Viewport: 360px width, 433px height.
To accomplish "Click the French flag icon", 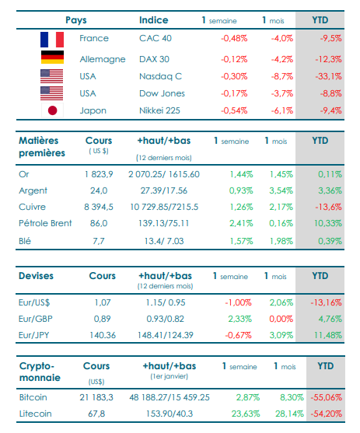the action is pos(52,40).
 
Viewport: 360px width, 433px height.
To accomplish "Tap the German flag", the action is pos(52,58).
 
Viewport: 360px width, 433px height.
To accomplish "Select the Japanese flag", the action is pos(52,110).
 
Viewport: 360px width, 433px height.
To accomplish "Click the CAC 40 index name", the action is pos(156,38).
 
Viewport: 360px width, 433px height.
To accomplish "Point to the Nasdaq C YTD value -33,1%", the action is pos(328,76).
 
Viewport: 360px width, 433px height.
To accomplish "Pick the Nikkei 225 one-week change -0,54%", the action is pos(234,110).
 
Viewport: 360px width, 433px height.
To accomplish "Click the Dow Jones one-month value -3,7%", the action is pos(281,93).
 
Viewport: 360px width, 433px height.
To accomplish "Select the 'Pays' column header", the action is pos(76,20).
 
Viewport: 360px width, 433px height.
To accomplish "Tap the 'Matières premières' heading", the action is pos(42,147).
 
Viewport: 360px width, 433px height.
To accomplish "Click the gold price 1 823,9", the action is pos(99,174).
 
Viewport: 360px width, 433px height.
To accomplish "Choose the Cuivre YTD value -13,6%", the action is pos(328,207).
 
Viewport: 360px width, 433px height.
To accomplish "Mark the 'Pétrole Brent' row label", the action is pos(45,223).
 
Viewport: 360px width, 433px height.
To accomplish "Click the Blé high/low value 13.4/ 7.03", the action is pos(164,241).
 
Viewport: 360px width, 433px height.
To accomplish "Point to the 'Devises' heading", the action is pos(36,276).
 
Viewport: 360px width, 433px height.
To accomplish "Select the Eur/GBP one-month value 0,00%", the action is pos(281,319).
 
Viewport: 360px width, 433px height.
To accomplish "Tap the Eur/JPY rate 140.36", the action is pos(103,335).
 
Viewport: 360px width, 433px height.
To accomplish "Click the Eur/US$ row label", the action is pos(34,302).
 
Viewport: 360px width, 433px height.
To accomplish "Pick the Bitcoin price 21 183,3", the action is pos(96,397).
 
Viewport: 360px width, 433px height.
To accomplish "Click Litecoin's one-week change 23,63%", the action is pos(246,414).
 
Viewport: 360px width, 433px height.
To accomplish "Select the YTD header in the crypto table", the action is pos(326,366).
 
